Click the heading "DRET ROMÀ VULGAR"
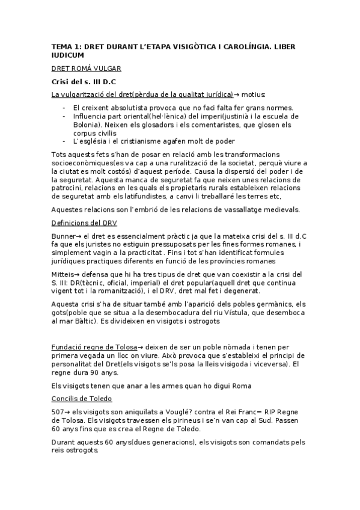tap(86, 68)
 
